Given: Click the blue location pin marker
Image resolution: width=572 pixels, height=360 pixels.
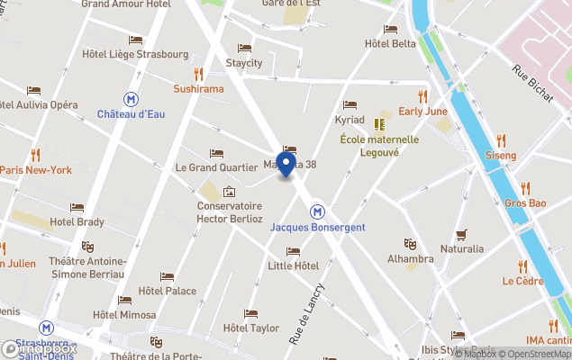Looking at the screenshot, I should click(286, 165).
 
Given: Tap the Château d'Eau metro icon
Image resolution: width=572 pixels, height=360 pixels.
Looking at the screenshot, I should click(132, 99).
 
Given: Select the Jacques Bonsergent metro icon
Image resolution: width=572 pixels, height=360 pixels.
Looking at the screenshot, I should click(317, 211).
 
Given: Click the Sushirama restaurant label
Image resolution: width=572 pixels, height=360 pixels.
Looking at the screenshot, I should click(198, 89).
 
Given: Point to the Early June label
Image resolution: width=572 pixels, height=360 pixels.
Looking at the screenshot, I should click(422, 111).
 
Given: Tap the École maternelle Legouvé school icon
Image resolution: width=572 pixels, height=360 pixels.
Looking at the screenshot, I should click(379, 123).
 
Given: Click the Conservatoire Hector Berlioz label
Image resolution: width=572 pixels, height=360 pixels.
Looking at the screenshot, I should click(230, 211).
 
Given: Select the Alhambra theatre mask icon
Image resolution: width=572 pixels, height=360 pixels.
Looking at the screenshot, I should click(410, 243).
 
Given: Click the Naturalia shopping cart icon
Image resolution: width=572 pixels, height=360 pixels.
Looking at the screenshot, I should click(461, 235).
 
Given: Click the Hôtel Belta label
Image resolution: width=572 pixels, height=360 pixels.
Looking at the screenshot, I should click(390, 43).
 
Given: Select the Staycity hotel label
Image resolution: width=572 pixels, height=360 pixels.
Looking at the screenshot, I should click(243, 63).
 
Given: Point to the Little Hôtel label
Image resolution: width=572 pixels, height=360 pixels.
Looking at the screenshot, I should click(294, 265).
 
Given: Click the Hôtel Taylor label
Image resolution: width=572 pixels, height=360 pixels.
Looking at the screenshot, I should click(250, 328).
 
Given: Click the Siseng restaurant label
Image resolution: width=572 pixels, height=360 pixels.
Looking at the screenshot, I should click(501, 156).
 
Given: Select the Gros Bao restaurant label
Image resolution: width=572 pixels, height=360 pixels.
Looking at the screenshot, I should click(525, 202).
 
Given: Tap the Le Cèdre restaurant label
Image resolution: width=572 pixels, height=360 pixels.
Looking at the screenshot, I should click(522, 280).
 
